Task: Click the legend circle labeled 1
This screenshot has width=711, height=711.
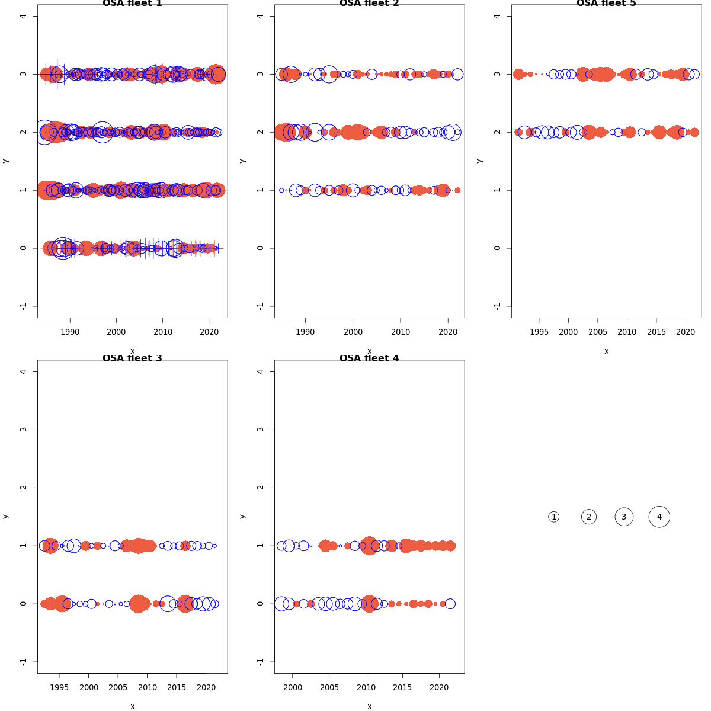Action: tap(553, 517)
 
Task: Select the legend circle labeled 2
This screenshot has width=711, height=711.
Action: tap(588, 517)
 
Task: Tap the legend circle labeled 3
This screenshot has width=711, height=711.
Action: tap(624, 517)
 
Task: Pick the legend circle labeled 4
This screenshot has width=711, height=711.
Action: tap(659, 517)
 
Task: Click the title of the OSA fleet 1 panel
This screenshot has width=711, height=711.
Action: tap(132, 4)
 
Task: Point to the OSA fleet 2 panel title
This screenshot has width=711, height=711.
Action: tap(369, 4)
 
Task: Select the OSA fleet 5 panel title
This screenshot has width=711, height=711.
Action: tap(606, 4)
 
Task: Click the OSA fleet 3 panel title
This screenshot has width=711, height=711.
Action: tap(132, 358)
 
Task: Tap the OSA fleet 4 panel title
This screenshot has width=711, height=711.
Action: tap(369, 358)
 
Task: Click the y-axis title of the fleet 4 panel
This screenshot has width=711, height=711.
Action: tap(242, 517)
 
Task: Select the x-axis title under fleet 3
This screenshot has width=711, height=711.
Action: tap(132, 706)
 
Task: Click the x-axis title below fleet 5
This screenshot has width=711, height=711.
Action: tap(606, 351)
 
